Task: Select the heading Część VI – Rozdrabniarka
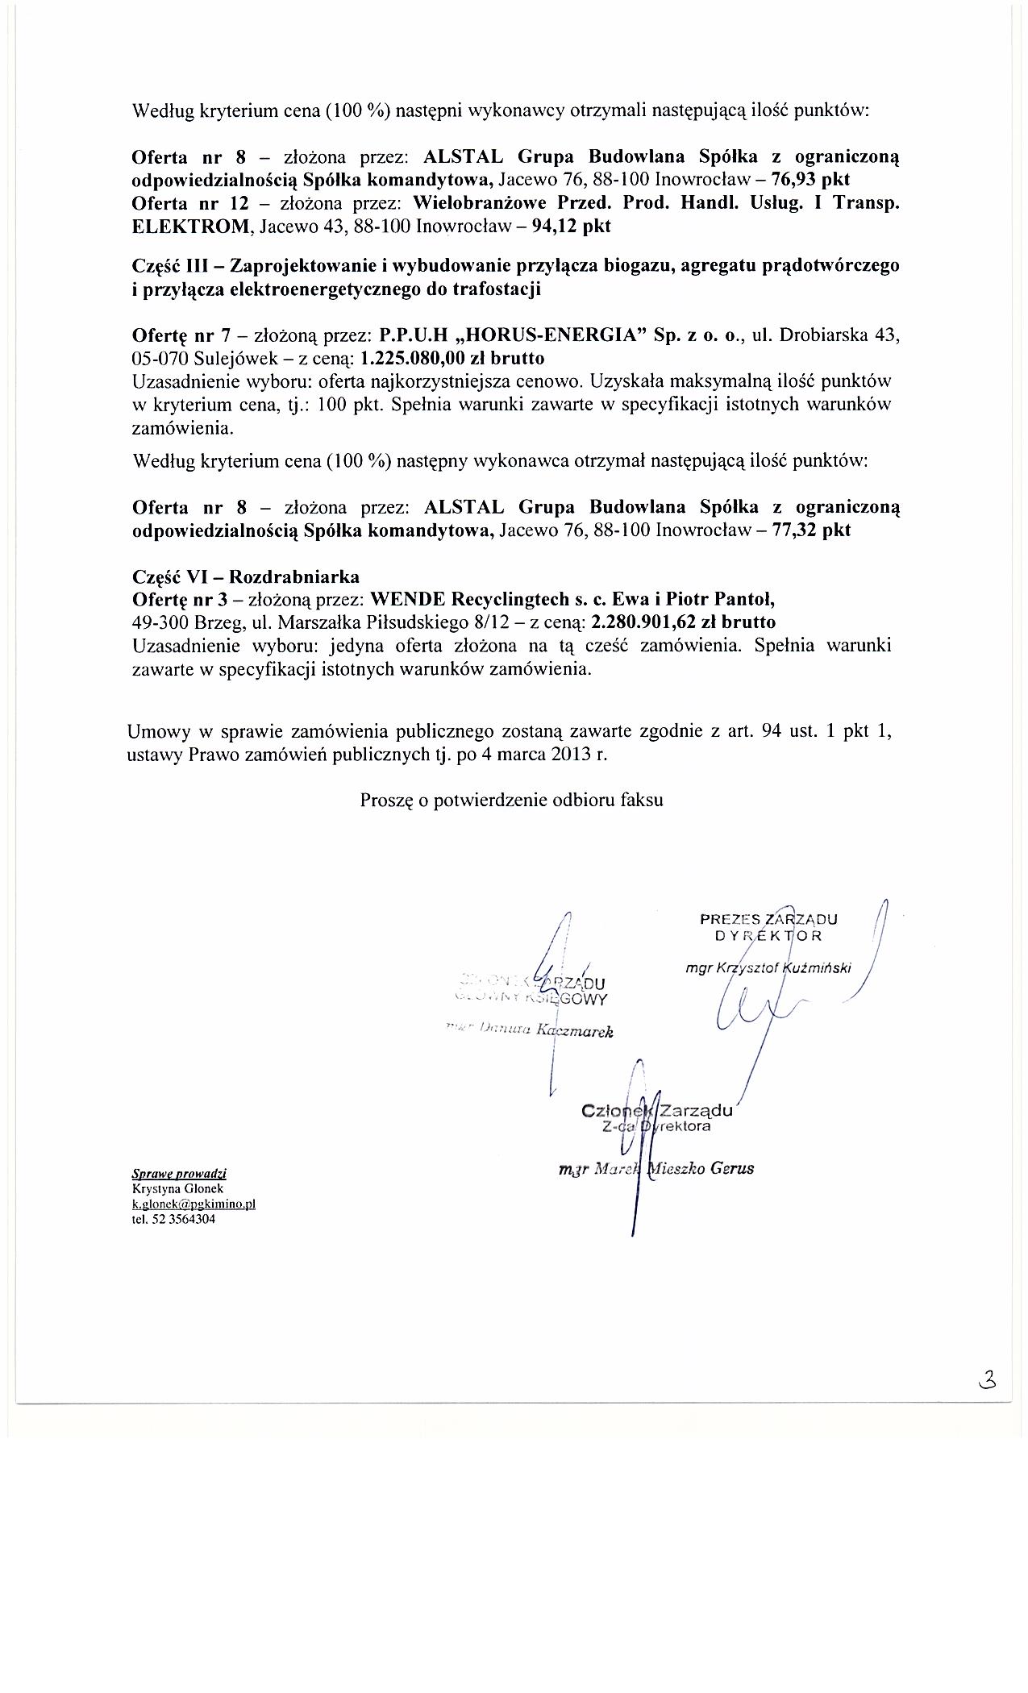(x=245, y=576)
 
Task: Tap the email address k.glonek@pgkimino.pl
(x=194, y=1204)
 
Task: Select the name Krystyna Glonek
(x=177, y=1188)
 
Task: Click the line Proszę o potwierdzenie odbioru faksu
(x=511, y=801)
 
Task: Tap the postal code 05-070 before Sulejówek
(x=159, y=359)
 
